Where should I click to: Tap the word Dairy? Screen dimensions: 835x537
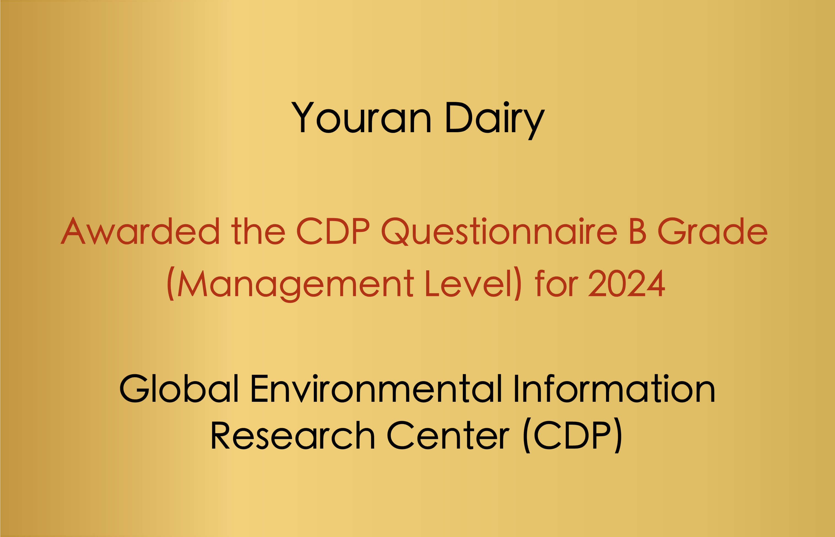pos(495,120)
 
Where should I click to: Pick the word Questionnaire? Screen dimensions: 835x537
pos(499,232)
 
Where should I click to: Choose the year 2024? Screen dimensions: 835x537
pos(627,283)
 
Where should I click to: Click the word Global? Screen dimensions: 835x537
pos(179,389)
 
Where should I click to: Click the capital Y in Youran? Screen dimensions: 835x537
pos(302,117)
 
